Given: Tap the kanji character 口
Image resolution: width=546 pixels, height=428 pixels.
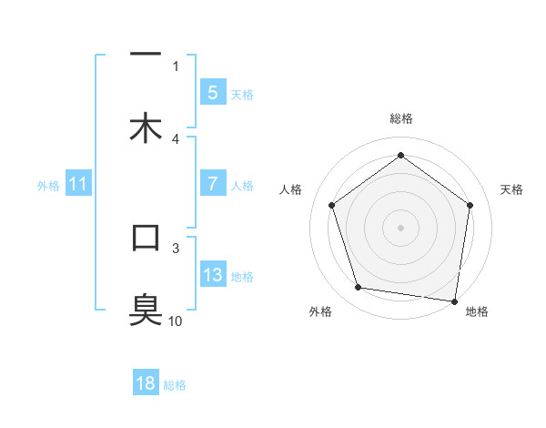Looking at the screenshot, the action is (146, 239).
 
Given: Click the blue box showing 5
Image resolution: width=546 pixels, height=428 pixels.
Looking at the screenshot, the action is (213, 93).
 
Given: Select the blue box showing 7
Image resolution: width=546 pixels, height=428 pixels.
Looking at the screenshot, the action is (213, 184).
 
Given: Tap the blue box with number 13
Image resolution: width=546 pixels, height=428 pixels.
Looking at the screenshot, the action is (213, 275).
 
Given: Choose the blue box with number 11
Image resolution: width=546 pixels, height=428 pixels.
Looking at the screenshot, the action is (78, 185).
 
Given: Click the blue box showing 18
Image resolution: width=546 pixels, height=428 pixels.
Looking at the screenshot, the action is (146, 383).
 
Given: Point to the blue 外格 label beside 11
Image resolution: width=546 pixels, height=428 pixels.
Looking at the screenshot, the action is (48, 186).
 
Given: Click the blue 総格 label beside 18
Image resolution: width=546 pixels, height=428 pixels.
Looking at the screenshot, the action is (175, 385).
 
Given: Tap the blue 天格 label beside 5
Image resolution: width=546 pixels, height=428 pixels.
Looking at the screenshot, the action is (242, 95).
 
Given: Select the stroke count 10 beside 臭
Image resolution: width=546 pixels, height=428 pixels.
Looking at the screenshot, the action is (176, 321).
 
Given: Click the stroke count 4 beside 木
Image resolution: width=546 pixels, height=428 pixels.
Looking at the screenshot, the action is (176, 138).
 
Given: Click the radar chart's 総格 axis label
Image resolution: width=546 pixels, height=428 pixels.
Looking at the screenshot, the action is (400, 118).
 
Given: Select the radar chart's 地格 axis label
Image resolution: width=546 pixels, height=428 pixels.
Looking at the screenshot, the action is (477, 311).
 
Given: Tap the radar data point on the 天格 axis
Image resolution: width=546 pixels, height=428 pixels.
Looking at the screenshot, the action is (470, 205).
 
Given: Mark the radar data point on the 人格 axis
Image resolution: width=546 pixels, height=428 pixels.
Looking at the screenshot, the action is (331, 205).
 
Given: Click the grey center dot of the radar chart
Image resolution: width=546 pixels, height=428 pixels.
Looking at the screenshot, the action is (400, 227).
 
